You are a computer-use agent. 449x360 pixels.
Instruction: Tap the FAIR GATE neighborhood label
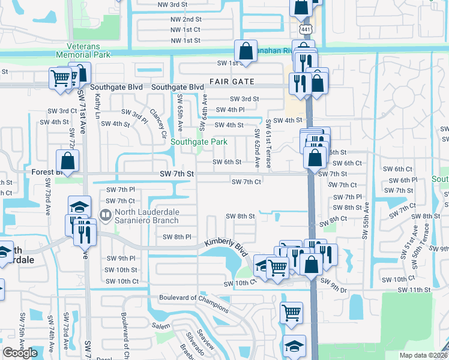232,82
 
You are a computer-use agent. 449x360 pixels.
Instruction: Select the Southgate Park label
199,142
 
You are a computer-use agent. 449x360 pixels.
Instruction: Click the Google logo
20,352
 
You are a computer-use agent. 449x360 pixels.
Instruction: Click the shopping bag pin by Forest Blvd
68,161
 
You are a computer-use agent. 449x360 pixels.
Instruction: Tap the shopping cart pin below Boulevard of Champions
291,311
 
